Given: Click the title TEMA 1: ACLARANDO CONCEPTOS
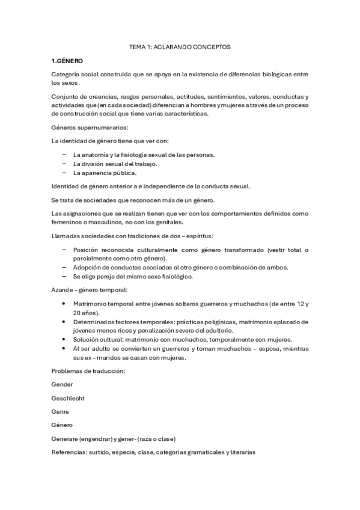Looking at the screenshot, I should [x=180, y=46].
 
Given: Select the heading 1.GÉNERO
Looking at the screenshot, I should [x=67, y=61].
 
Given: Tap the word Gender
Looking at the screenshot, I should [x=63, y=384].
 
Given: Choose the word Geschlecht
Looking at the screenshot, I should [x=68, y=398].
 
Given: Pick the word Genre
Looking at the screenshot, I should [x=61, y=411].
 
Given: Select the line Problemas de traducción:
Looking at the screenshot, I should [x=88, y=370].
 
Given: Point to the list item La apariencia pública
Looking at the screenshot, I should [x=105, y=173].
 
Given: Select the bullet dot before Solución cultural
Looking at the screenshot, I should [x=64, y=339].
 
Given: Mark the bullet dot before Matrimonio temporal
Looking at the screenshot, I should [x=64, y=304].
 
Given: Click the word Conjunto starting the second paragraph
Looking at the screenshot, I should [x=66, y=96].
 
